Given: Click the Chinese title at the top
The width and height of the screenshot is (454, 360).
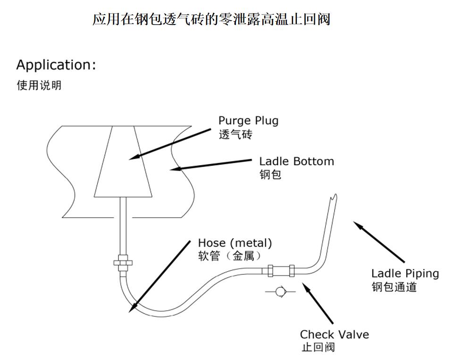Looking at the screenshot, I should pyautogui.click(x=211, y=20).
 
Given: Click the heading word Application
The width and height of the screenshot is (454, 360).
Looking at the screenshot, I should pyautogui.click(x=56, y=65).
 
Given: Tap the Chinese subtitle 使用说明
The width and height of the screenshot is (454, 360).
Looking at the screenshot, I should pyautogui.click(x=39, y=86).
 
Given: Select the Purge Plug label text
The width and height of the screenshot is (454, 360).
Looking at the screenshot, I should pyautogui.click(x=248, y=120).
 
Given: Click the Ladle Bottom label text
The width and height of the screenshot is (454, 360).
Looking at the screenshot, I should pyautogui.click(x=296, y=161).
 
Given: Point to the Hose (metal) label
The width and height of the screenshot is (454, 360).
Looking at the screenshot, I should pyautogui.click(x=235, y=243).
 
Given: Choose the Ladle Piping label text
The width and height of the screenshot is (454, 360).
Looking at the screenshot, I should pyautogui.click(x=405, y=273).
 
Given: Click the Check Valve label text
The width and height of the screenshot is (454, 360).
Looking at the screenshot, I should pyautogui.click(x=334, y=335).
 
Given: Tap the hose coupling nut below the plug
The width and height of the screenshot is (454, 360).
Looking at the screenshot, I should pyautogui.click(x=123, y=261).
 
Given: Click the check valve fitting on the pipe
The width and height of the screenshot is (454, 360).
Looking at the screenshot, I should pyautogui.click(x=279, y=271).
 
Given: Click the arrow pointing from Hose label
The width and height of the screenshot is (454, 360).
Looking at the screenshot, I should pyautogui.click(x=160, y=276).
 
